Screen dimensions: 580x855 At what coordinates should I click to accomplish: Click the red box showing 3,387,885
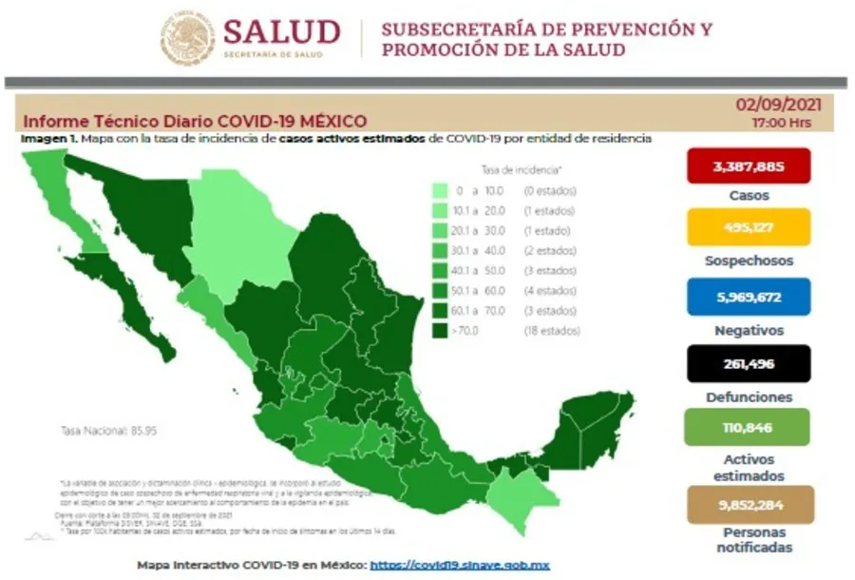(749, 166)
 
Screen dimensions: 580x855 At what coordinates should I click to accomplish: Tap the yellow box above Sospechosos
(749, 227)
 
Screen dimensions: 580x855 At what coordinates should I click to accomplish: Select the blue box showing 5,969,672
(749, 297)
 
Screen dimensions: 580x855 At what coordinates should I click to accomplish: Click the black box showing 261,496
(749, 363)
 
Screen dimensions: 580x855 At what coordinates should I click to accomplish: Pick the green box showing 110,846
(749, 427)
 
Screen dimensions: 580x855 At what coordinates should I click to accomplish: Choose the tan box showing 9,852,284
(749, 505)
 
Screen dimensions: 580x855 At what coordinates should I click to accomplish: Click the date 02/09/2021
(777, 106)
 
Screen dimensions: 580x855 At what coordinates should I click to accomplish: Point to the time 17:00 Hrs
(781, 124)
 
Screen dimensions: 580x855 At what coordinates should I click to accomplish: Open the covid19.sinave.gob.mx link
(459, 565)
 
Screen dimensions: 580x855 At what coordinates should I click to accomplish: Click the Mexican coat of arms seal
(187, 37)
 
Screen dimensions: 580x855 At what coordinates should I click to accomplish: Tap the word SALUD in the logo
(281, 32)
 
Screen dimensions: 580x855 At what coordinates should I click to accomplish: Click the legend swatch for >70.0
(440, 332)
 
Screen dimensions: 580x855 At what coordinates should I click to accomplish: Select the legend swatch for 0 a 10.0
(440, 191)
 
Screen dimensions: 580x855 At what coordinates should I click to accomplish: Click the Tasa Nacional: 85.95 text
(109, 431)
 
